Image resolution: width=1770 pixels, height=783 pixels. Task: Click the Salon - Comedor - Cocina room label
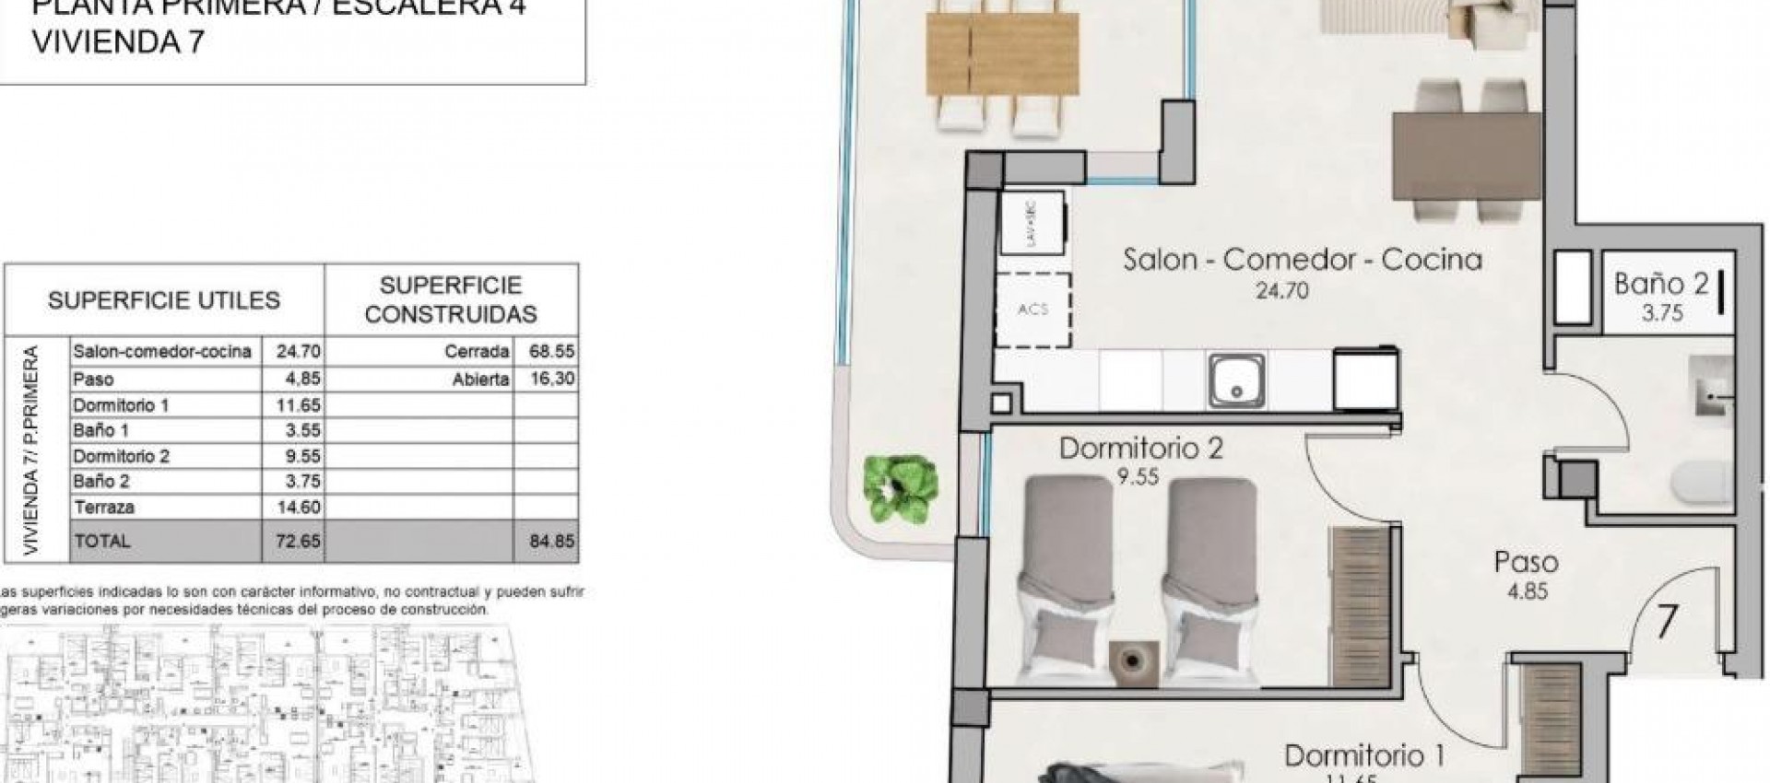point(1302,261)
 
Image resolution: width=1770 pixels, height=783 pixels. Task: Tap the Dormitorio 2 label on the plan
point(1140,450)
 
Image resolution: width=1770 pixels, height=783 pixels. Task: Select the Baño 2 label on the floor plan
point(1661,284)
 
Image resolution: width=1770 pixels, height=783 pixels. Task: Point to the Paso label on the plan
point(1526,562)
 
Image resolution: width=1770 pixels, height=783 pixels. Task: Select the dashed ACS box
point(1032,310)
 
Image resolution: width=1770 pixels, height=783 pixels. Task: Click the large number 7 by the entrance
point(1666,622)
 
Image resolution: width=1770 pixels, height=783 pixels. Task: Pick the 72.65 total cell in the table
point(298,541)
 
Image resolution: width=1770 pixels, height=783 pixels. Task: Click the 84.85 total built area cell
point(551,541)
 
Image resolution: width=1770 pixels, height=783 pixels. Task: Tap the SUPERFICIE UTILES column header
point(164,300)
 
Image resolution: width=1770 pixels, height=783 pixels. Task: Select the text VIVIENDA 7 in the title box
point(117,43)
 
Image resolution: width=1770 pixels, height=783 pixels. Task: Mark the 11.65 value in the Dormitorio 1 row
point(298,404)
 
